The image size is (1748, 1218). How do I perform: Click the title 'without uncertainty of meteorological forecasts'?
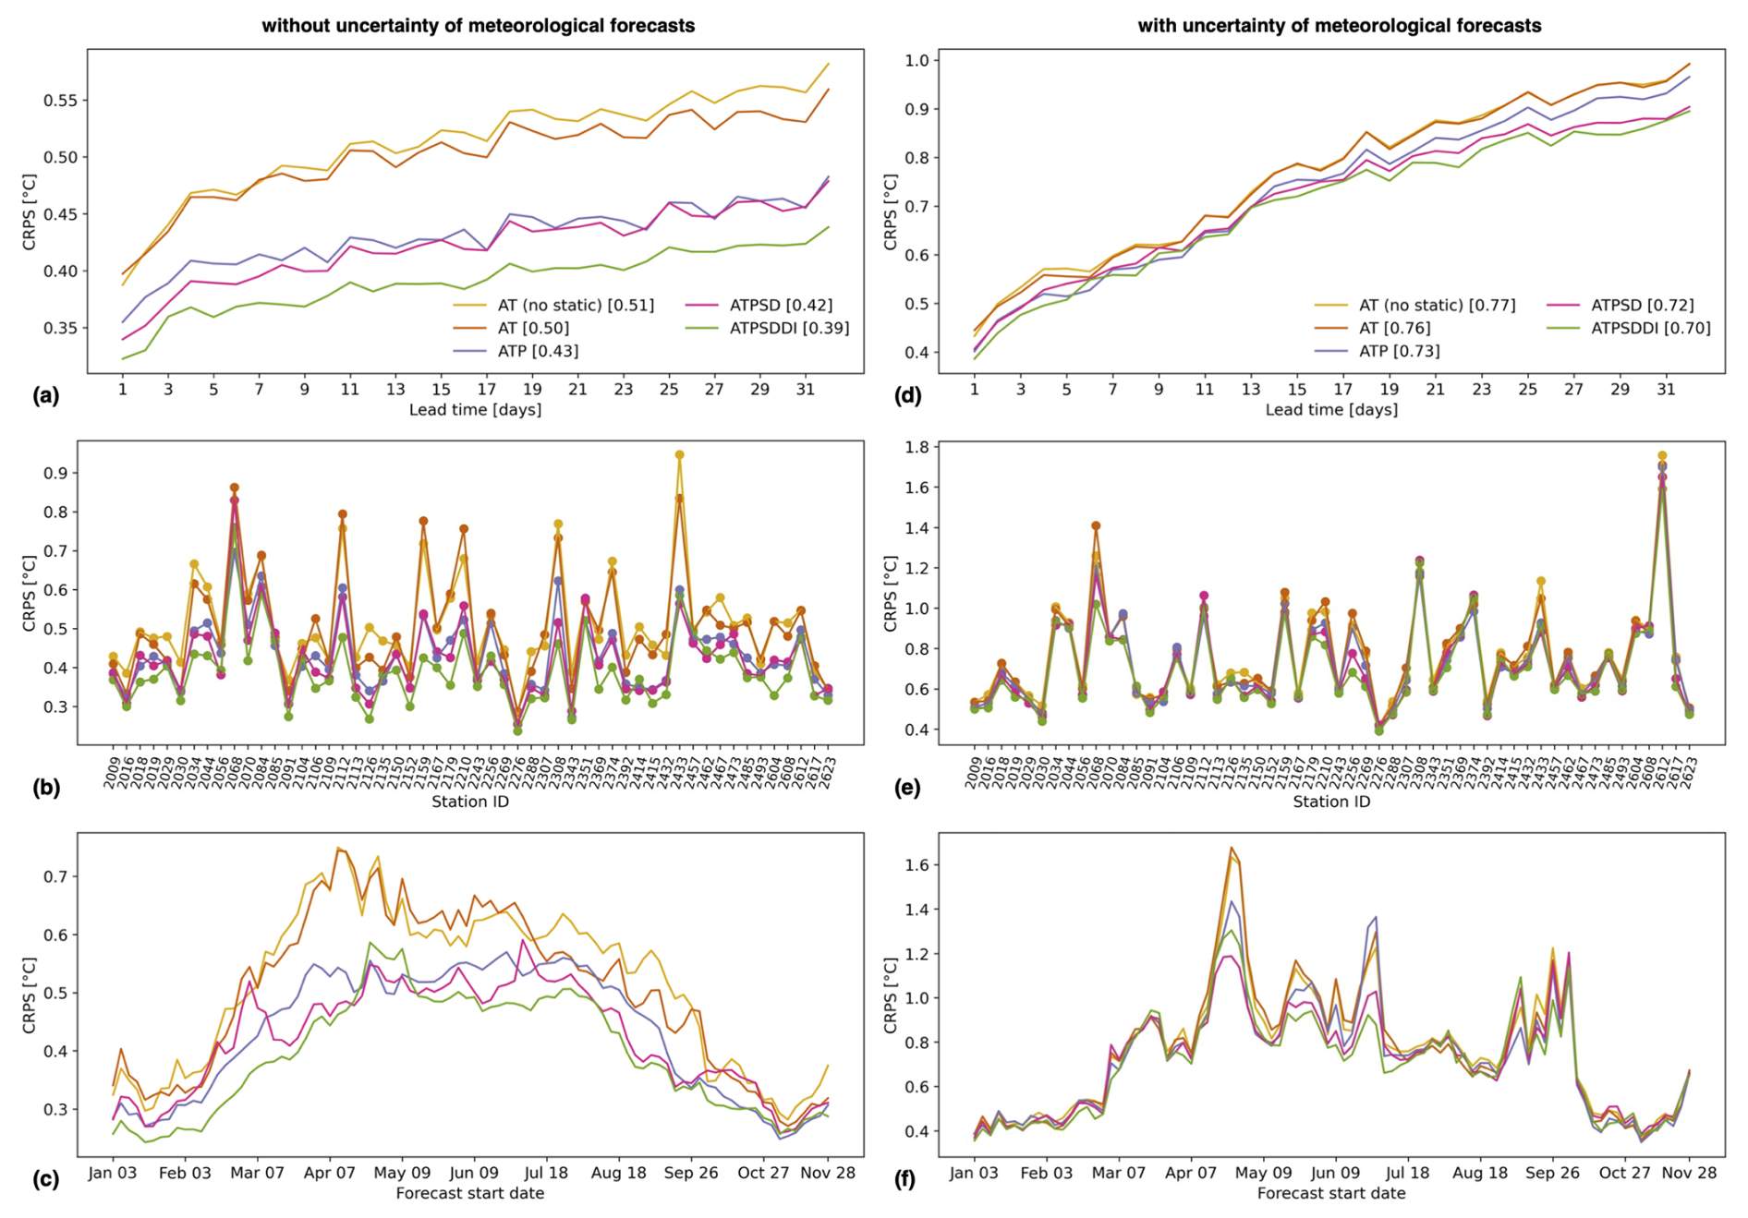point(478,26)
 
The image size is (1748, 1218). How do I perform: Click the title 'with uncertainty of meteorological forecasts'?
point(1339,26)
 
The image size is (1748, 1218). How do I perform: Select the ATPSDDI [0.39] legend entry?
point(789,328)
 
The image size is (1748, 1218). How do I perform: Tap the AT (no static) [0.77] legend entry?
point(1437,305)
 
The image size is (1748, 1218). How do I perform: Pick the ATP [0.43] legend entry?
point(538,351)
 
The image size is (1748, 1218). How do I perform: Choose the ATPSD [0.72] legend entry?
point(1642,305)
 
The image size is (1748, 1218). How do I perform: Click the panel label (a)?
point(46,395)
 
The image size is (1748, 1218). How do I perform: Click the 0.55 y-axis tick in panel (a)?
point(60,101)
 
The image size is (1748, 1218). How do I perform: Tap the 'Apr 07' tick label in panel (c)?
point(330,1173)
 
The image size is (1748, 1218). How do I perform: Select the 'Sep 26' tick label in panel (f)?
point(1552,1173)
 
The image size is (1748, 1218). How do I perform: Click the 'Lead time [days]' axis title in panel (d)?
point(1331,409)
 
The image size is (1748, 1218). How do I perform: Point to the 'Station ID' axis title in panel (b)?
point(470,802)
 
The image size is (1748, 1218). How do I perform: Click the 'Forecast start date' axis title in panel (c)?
point(470,1193)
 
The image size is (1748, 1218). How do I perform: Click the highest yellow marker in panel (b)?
point(679,455)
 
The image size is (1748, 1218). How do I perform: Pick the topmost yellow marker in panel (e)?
point(1662,456)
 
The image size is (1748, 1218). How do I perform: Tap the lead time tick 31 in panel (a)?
point(806,389)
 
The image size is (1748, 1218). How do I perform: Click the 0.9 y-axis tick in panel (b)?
point(60,474)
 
